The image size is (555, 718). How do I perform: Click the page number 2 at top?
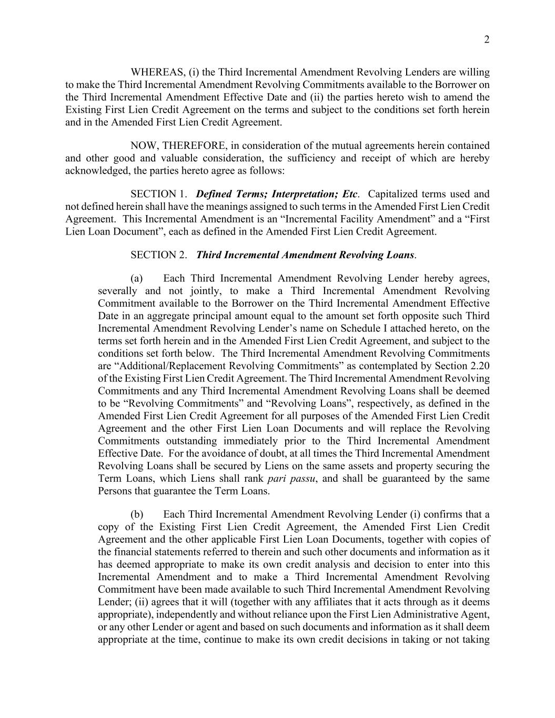coord(487,40)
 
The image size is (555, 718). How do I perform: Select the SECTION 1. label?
coord(158,194)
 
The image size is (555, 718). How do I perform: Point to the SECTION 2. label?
coord(158,255)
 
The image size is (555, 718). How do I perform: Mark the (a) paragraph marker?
coord(136,278)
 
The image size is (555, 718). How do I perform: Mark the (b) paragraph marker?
coord(136,514)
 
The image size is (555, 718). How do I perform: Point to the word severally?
coord(117,291)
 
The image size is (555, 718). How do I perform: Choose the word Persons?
coord(116,491)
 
